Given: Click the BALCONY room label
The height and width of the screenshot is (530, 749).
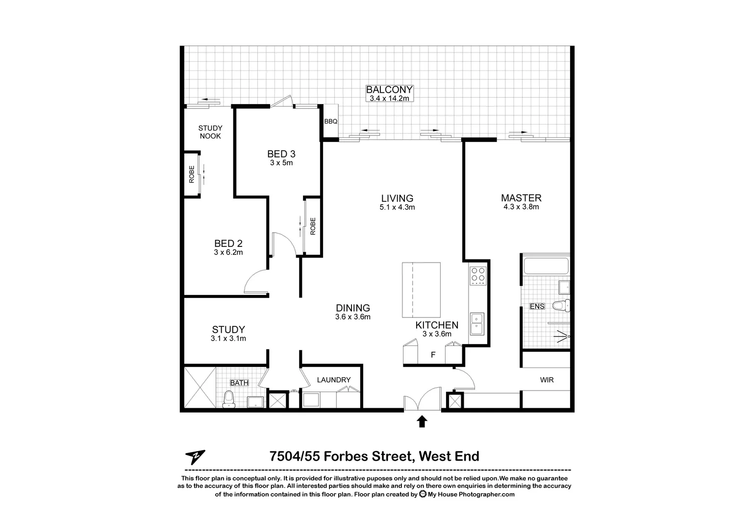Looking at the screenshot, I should tap(389, 90).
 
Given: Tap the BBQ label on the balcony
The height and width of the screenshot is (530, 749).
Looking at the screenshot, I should tap(330, 122).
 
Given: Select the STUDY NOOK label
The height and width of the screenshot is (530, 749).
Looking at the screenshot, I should tap(210, 132).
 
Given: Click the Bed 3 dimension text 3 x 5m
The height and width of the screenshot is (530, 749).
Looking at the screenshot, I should tap(281, 163).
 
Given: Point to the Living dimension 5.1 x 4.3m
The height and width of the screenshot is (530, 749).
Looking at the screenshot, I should tap(397, 207).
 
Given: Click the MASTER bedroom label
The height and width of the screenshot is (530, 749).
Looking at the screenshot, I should tap(521, 198).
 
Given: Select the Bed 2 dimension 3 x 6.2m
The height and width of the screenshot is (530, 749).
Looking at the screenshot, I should tap(228, 252).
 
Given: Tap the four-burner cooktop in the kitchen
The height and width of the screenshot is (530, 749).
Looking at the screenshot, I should tap(477, 276).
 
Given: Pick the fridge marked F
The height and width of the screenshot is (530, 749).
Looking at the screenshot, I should tap(433, 355).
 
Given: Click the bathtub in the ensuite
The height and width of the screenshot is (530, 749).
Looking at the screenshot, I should tap(546, 266).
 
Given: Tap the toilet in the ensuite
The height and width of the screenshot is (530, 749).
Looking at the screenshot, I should tap(561, 306).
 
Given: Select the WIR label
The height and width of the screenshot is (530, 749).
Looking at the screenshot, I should tap(547, 380).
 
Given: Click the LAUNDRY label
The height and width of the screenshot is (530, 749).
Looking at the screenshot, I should tap(333, 380).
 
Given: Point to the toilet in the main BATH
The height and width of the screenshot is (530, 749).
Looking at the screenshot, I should tap(228, 399).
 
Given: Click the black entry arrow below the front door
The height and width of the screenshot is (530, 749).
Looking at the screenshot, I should tap(422, 422).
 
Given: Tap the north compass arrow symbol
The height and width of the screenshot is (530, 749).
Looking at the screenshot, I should tap(195, 457).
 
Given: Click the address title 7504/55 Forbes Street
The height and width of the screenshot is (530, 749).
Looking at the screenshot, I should tap(374, 456).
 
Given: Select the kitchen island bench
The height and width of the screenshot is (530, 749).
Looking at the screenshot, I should tap(421, 290).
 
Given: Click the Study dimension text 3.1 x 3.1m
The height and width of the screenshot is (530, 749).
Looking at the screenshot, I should tap(228, 339).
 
